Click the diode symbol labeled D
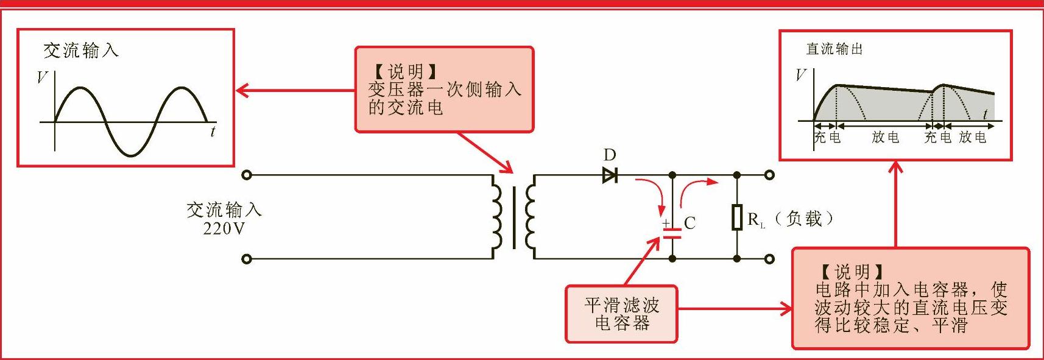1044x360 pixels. (x=610, y=175)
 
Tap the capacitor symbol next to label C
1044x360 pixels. (x=672, y=231)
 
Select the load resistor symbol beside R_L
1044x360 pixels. (x=737, y=217)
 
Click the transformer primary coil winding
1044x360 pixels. (x=496, y=217)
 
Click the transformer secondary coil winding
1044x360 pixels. (x=530, y=217)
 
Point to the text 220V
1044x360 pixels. (x=224, y=229)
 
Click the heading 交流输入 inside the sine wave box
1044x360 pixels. (x=81, y=51)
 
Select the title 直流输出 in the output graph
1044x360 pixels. (x=834, y=49)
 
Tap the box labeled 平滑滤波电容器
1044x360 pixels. (x=621, y=314)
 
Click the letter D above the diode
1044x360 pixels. (x=610, y=155)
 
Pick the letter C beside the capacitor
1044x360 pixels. (x=690, y=223)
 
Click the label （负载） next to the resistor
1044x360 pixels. (x=805, y=219)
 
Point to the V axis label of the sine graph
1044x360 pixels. (x=42, y=77)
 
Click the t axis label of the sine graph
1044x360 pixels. (x=213, y=131)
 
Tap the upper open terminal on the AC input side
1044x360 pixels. (x=246, y=175)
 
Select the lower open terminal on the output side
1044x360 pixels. (x=769, y=259)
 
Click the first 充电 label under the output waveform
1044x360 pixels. (x=827, y=137)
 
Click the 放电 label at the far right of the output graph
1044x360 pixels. (x=972, y=137)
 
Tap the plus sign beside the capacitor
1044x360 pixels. (x=666, y=224)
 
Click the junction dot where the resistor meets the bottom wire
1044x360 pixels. (x=737, y=259)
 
